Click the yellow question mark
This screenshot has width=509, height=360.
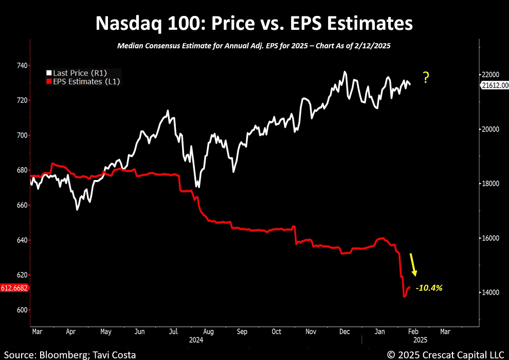(426, 78)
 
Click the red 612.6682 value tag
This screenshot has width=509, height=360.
(14, 288)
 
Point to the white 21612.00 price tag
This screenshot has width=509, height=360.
(495, 85)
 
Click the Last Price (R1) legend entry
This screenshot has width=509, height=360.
(79, 73)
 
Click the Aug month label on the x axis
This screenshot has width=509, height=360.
(208, 332)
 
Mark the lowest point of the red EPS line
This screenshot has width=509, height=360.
(404, 296)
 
